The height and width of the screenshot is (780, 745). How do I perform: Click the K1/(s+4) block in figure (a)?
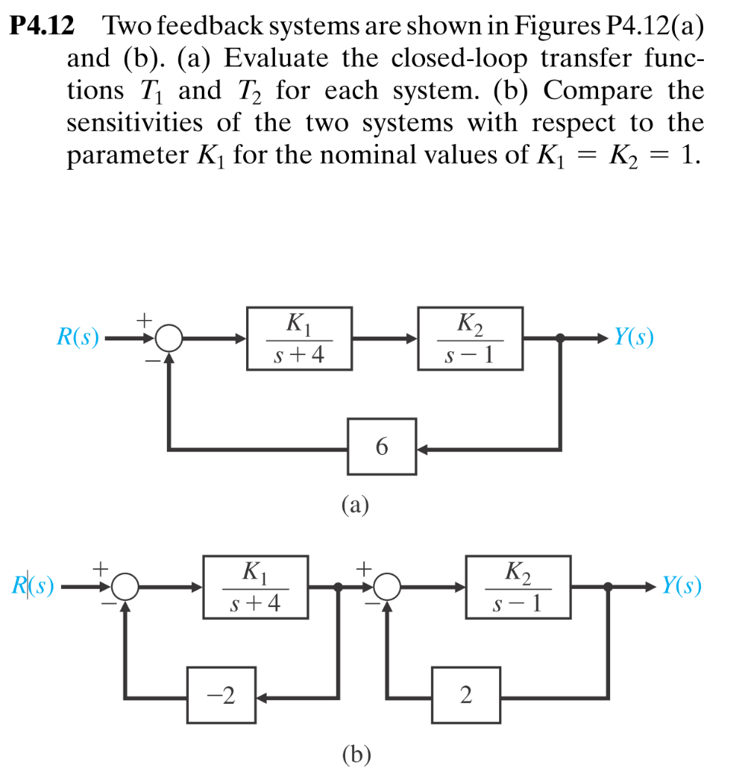[x=299, y=338]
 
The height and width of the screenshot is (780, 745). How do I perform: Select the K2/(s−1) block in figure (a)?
[x=470, y=338]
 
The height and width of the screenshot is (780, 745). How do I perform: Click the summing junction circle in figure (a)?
[x=169, y=339]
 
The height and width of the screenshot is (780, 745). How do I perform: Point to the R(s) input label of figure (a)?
[x=78, y=338]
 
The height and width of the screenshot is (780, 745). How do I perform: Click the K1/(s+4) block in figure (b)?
[x=256, y=587]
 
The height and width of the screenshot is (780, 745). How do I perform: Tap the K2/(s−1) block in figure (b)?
[x=518, y=587]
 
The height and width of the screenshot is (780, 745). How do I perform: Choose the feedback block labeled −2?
[x=222, y=695]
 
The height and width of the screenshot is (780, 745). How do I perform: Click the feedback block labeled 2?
[x=467, y=695]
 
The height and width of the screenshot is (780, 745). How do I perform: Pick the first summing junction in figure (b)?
[x=125, y=587]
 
